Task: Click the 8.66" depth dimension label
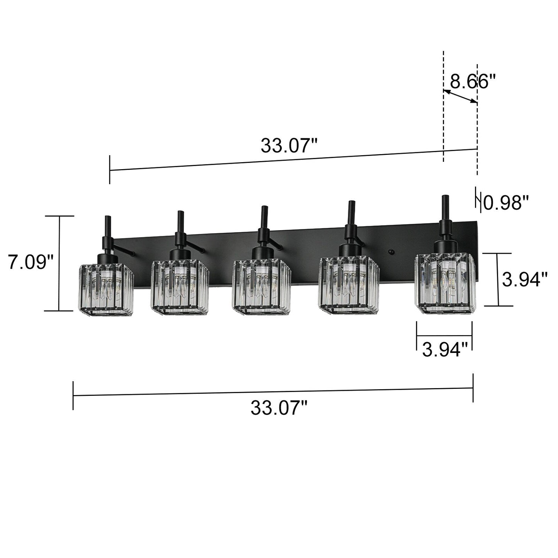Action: point(472,81)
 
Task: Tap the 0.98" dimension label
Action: point(505,202)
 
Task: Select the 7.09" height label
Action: point(31,263)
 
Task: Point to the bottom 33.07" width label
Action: point(279,407)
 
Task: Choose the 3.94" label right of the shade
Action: point(525,279)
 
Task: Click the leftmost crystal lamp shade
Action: point(106,287)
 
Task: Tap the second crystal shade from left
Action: point(180,286)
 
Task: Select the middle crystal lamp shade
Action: point(261,286)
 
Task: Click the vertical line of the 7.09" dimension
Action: point(59,263)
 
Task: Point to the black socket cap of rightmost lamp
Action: point(445,246)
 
